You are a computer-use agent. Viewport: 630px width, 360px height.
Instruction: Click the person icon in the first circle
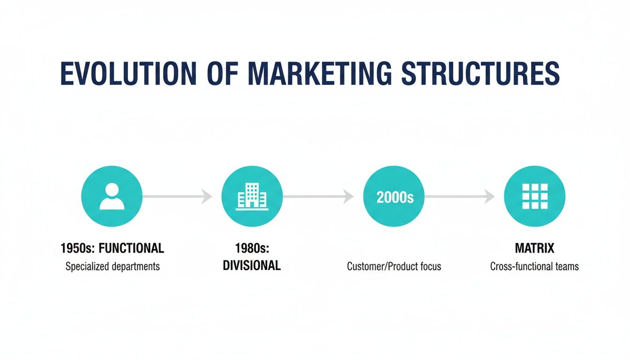(x=112, y=196)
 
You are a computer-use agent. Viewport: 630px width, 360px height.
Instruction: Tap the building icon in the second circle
(x=252, y=196)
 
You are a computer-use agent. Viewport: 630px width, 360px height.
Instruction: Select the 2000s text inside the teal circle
(x=395, y=197)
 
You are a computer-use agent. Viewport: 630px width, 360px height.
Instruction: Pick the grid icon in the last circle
(x=534, y=196)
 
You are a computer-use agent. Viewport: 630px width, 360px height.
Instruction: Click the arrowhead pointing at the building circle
(x=207, y=197)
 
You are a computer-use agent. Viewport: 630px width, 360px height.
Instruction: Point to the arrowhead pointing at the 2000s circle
(x=348, y=197)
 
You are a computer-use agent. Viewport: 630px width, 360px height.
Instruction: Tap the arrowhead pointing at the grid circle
(x=489, y=197)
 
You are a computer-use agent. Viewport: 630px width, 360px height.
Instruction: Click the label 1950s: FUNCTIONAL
(x=112, y=248)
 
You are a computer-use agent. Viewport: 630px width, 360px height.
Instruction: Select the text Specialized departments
(x=112, y=267)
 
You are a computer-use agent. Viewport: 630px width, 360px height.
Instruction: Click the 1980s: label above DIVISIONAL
(x=251, y=248)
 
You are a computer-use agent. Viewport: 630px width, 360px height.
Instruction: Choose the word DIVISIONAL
(x=252, y=266)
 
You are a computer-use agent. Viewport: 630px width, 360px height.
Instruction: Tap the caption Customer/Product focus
(x=394, y=267)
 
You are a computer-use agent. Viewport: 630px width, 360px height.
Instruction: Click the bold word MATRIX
(x=534, y=248)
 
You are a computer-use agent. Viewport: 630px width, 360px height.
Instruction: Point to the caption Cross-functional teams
(x=534, y=267)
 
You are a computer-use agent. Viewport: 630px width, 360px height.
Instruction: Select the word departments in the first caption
(x=135, y=267)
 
